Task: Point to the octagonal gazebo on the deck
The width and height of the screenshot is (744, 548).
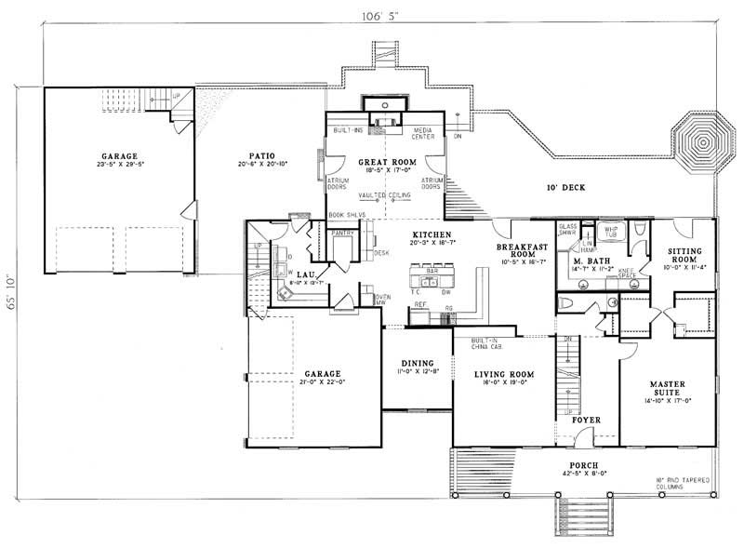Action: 702,143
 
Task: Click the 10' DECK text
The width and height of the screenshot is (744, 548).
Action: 565,188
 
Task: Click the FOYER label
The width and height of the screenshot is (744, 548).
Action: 586,420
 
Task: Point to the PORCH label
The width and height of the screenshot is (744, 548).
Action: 585,464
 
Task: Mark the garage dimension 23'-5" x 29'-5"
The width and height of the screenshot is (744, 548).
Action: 121,165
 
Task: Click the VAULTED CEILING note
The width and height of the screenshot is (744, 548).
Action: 385,195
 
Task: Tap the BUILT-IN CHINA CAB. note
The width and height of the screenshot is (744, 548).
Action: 487,343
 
